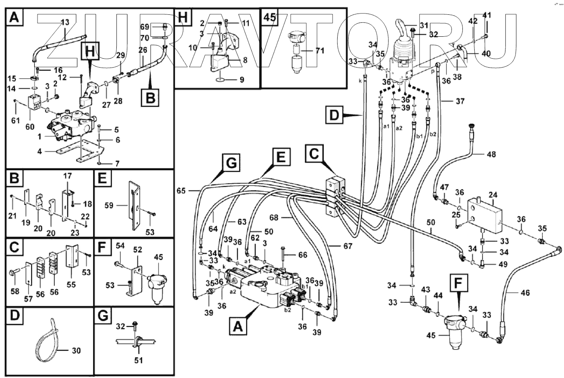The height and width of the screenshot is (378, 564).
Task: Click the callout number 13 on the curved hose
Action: [x=65, y=22]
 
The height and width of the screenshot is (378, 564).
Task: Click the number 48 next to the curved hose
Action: [x=491, y=155]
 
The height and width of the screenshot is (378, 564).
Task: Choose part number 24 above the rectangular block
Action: [x=493, y=196]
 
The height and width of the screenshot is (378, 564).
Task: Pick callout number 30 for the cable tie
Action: [x=76, y=350]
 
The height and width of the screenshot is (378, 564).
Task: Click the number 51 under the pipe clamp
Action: [x=139, y=360]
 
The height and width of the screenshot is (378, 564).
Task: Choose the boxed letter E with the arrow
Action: [x=281, y=158]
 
